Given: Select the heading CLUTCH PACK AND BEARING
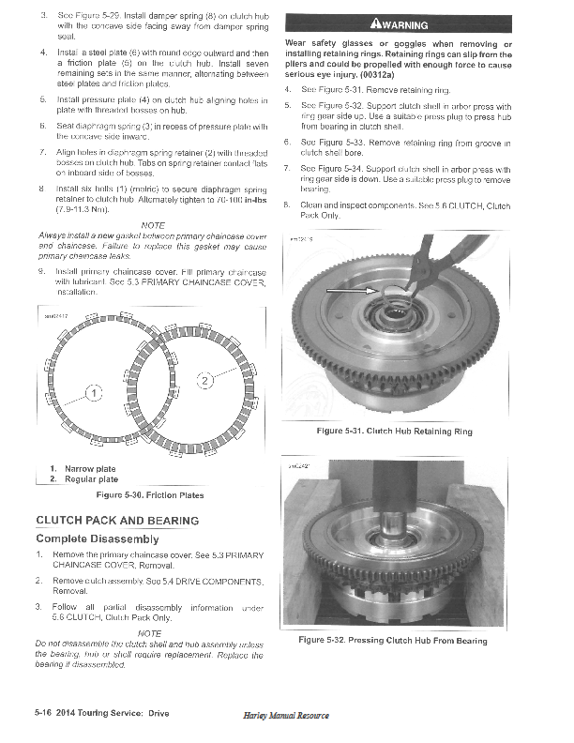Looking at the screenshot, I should (x=117, y=520).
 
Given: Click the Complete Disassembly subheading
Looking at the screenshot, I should (x=98, y=538).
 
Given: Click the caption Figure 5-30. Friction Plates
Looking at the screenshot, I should (x=150, y=494).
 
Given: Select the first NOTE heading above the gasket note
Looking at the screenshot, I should (x=151, y=224).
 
